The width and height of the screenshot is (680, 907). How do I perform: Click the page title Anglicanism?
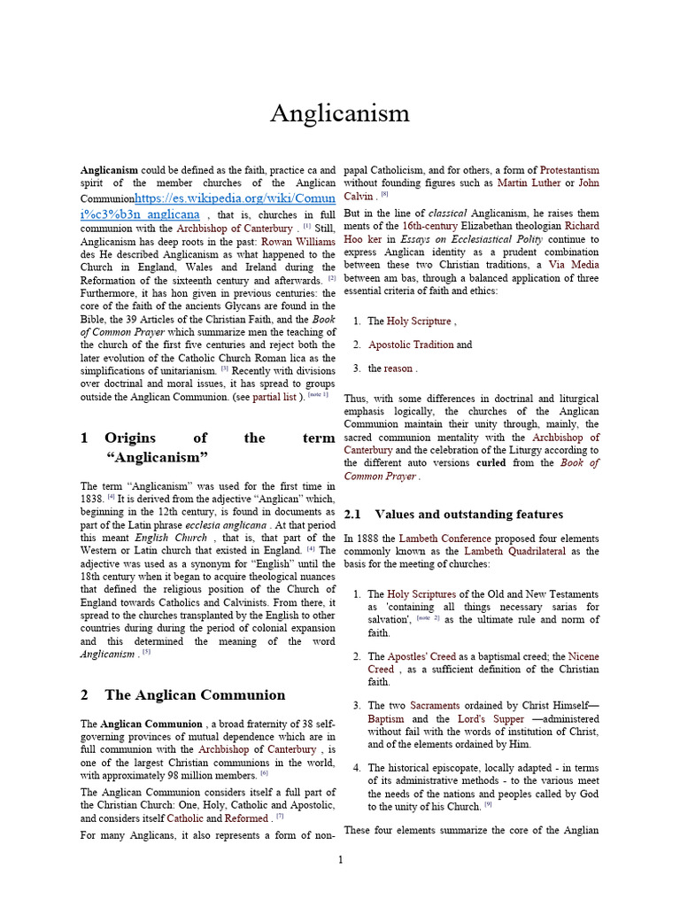(339, 113)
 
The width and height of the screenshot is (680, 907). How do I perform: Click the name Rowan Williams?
(297, 239)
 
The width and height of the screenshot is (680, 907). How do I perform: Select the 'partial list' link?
(279, 398)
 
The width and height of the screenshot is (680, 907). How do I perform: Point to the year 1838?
(92, 499)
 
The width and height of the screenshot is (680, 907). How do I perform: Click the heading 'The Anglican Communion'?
(195, 694)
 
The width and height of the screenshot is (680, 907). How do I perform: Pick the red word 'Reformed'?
(247, 818)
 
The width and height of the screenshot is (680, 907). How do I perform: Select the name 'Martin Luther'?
(528, 183)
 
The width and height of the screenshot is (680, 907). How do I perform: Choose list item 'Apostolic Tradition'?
(410, 345)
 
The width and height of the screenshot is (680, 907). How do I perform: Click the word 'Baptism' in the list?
(388, 719)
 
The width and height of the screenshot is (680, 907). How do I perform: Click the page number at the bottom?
(340, 860)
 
